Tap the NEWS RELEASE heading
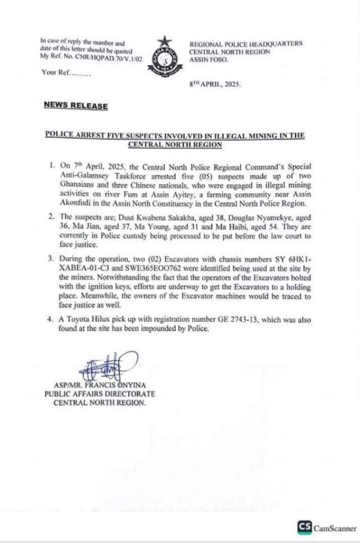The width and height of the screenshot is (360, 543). pos(69,105)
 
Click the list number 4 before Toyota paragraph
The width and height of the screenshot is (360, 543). pos(51,322)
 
